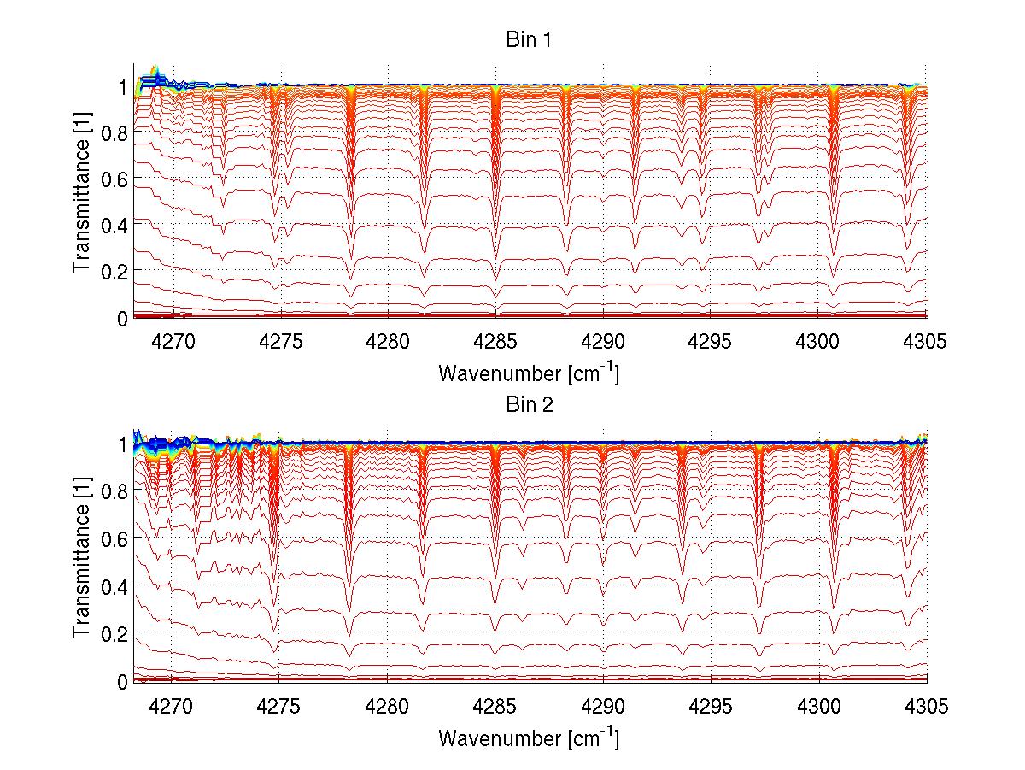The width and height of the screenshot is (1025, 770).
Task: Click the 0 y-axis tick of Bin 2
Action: pyautogui.click(x=122, y=681)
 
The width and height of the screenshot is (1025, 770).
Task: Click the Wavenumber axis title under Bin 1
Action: pyautogui.click(x=529, y=373)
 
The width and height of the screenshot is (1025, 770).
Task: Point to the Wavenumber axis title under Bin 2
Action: pyautogui.click(x=529, y=737)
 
